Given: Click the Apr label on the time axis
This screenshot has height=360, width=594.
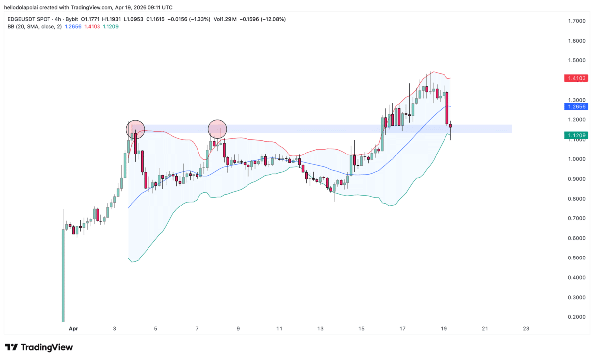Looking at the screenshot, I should click(73, 329).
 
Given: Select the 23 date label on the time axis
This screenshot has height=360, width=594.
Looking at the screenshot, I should click(526, 329).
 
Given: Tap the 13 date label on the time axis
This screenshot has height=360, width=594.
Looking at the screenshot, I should click(320, 329).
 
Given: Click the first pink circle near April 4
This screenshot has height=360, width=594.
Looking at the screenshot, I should click(135, 129).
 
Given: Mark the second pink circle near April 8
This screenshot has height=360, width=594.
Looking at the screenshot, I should click(217, 129).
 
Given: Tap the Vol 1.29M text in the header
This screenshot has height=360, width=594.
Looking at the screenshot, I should click(225, 19).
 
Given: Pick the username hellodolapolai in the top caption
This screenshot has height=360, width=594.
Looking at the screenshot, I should click(24, 8).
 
